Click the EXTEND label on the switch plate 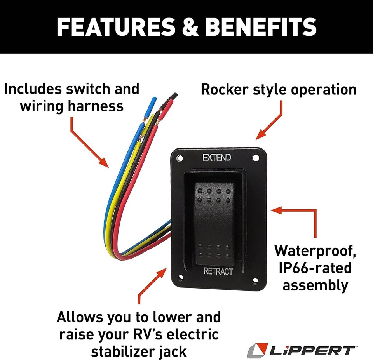coord(216,157)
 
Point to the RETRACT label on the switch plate coord(218,271)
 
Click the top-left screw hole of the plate coord(180,158)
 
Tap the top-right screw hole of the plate coord(255,158)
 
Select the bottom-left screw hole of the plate coord(180,277)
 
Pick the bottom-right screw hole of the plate coord(255,281)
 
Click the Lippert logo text coord(314,350)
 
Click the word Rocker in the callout coord(225,90)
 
